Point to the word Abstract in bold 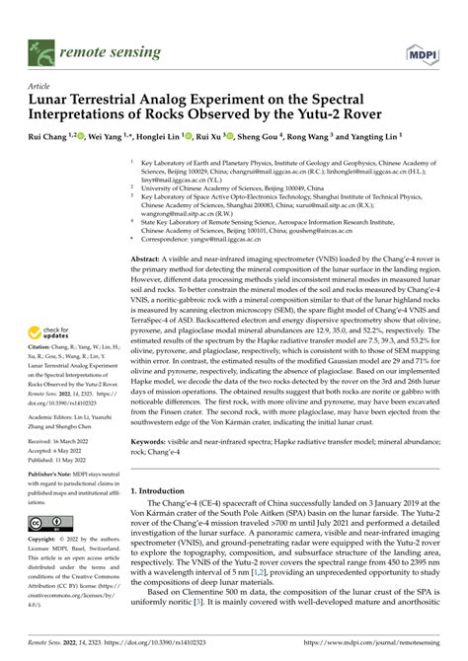point(148,257)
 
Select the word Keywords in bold point(150,457)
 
